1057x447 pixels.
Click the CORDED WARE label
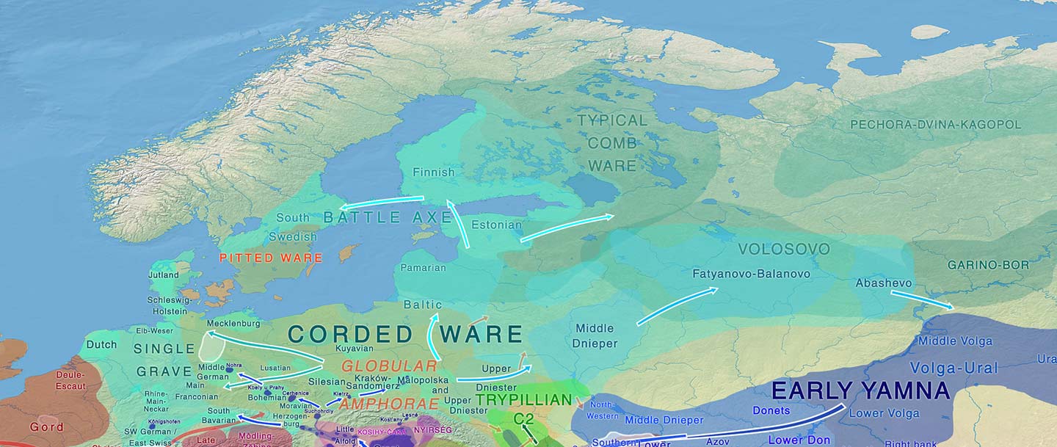(404, 335)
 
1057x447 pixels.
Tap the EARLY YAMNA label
(860, 390)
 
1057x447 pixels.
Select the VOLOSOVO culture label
(784, 250)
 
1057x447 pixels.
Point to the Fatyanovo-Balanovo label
(751, 274)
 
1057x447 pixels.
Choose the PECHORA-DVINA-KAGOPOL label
(935, 125)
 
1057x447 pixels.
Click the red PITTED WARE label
(271, 258)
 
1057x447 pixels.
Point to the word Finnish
(433, 172)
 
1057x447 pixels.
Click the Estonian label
(496, 225)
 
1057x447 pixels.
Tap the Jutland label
(163, 275)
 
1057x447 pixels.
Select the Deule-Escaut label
(70, 380)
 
